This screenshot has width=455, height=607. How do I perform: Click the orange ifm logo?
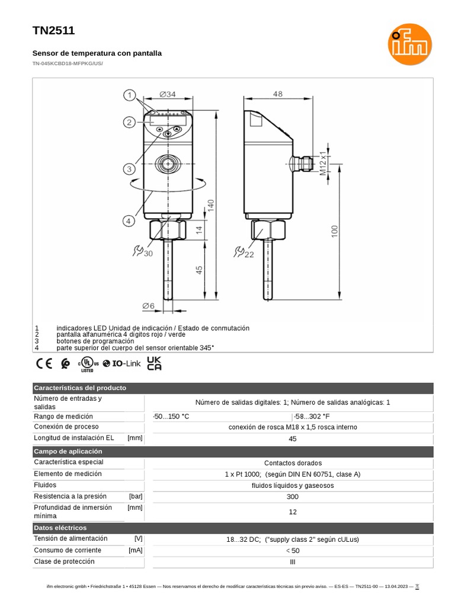[409, 45]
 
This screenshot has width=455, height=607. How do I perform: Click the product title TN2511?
[53, 31]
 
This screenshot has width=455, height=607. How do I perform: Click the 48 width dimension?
[278, 94]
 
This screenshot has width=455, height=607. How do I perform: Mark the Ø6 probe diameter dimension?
[148, 306]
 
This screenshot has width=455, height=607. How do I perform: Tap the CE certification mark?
[44, 363]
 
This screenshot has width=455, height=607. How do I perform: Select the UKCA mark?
[154, 363]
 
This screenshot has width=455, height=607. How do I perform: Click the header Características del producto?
[80, 388]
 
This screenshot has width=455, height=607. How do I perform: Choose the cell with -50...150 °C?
[172, 416]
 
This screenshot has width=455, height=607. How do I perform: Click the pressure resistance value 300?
[292, 496]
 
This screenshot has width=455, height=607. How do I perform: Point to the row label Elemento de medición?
[68, 474]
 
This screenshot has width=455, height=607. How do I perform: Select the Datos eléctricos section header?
[60, 528]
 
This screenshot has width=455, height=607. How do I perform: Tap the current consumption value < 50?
[292, 551]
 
